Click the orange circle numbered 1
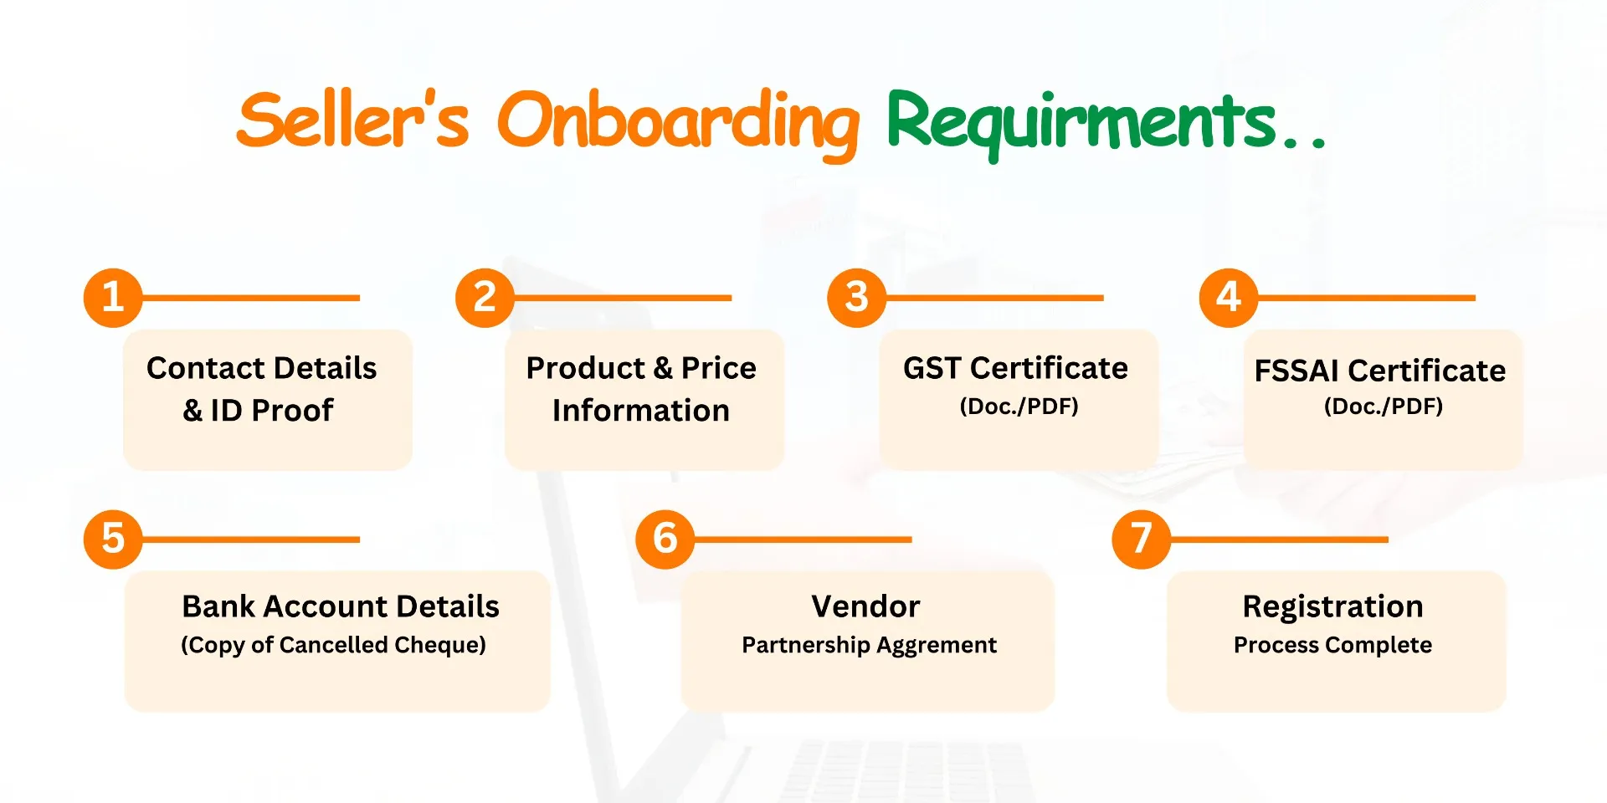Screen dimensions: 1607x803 [113, 298]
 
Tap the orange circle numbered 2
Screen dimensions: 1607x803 [485, 298]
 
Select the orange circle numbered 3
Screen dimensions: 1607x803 [856, 298]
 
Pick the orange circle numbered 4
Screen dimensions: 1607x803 [1228, 298]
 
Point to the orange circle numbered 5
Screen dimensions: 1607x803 [113, 540]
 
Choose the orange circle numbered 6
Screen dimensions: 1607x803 [665, 540]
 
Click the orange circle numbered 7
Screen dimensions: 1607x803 [1141, 540]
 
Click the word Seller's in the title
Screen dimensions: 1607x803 [352, 120]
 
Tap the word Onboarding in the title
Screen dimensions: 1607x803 [678, 124]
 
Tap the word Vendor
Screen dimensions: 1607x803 [865, 606]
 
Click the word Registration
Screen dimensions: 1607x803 [1332, 607]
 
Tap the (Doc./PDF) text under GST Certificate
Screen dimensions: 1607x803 [1019, 407]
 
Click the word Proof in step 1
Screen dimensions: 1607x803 [292, 411]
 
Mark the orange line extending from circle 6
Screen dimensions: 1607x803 [803, 540]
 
